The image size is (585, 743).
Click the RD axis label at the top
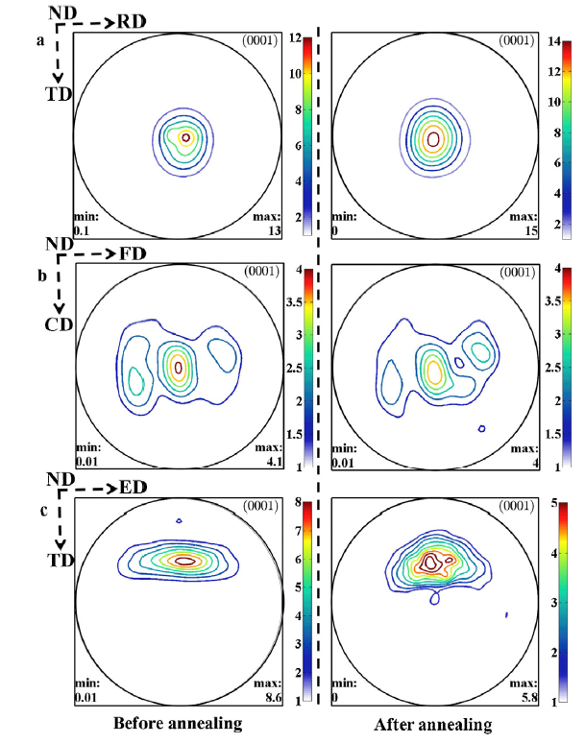[x=133, y=22]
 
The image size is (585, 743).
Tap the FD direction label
[x=133, y=255]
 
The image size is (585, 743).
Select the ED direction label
[x=133, y=489]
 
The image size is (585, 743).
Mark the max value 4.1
[x=266, y=463]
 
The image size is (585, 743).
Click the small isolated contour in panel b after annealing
[x=480, y=428]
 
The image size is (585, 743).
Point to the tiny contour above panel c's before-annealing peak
[x=180, y=521]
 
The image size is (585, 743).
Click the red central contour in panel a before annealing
[x=185, y=137]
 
